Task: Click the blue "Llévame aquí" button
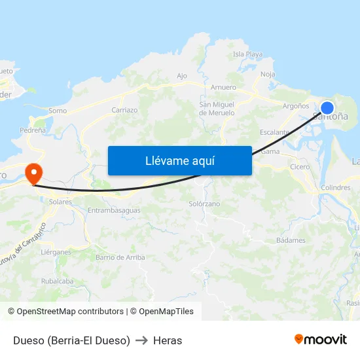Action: tap(179, 160)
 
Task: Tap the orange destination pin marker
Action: tap(33, 173)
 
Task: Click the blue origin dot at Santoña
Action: tap(327, 108)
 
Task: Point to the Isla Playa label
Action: tap(247, 54)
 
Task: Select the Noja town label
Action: tap(268, 74)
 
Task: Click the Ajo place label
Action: tap(182, 76)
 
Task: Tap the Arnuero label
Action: tap(223, 87)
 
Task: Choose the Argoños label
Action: tap(295, 105)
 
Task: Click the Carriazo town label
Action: tap(124, 110)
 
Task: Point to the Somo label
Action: tap(58, 111)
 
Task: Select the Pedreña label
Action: tap(33, 130)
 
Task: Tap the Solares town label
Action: tap(60, 202)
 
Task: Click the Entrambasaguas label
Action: tap(114, 210)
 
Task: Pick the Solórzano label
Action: tap(204, 204)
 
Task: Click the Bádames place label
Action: tap(291, 240)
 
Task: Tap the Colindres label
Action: tap(336, 188)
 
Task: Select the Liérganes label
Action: tap(55, 251)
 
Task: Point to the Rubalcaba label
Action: tap(57, 281)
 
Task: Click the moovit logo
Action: tap(321, 339)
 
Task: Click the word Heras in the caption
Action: tap(168, 340)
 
